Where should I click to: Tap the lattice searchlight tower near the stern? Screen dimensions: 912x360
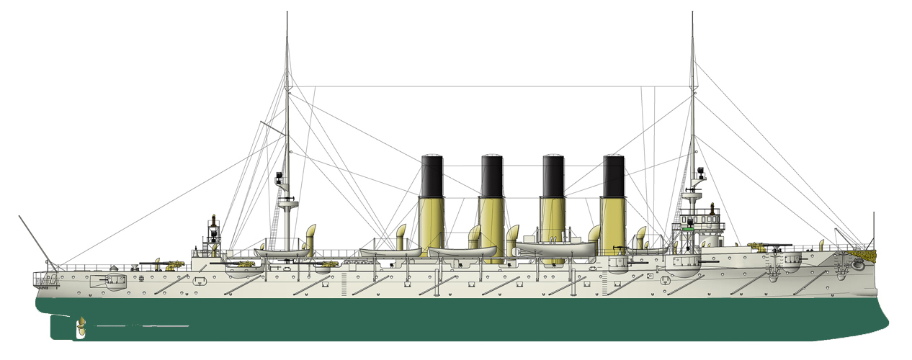tap(213, 234)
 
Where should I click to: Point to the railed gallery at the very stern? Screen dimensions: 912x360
tap(47, 277)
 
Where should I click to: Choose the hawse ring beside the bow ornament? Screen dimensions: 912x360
tap(857, 265)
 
